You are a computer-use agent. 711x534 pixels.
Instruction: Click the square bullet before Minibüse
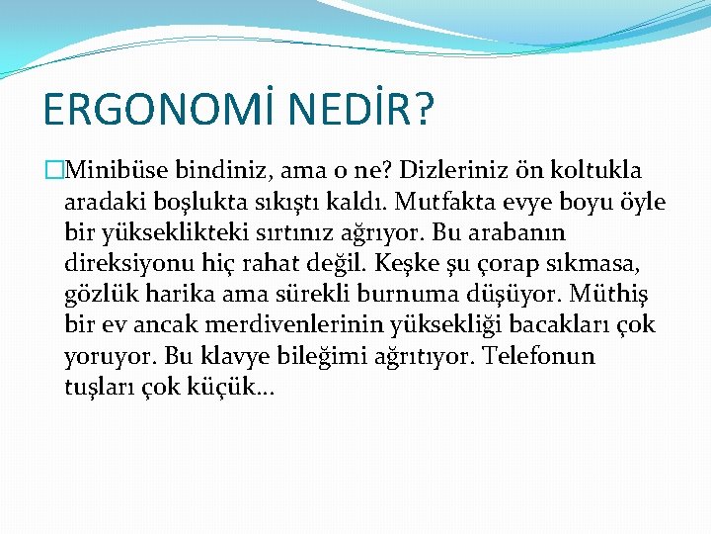coord(54,170)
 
